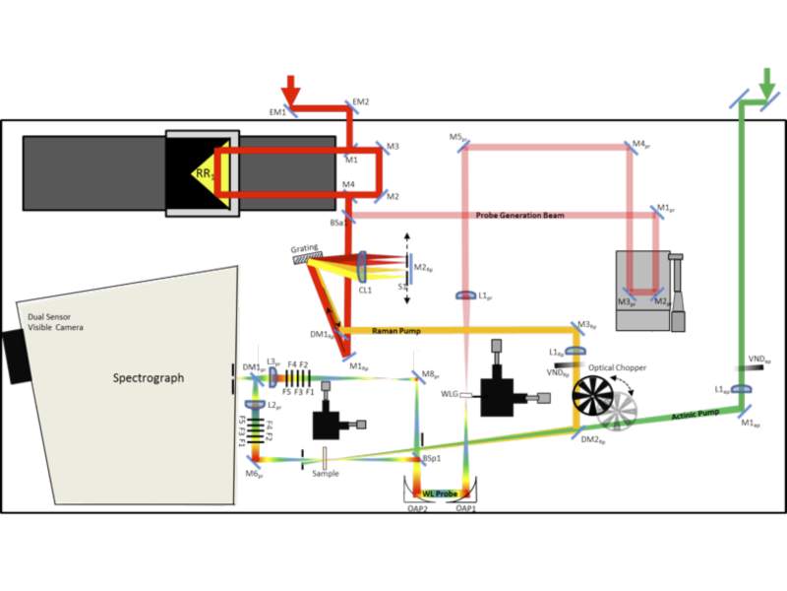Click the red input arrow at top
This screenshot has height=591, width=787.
coord(292,86)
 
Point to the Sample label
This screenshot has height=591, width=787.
coord(325,473)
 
